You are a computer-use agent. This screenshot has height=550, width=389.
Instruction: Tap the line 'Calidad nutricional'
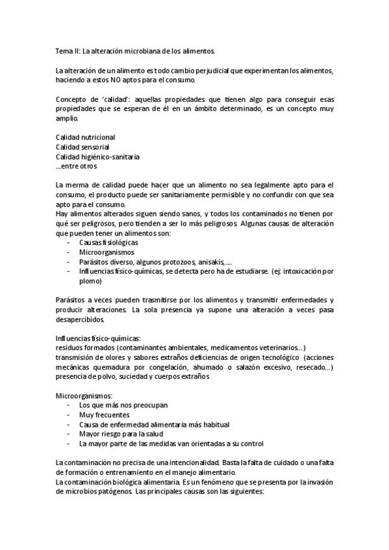(x=85, y=137)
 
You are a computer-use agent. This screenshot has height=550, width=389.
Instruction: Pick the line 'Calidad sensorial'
(x=82, y=147)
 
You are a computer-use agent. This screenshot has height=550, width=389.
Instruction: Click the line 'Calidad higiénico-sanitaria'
(x=97, y=157)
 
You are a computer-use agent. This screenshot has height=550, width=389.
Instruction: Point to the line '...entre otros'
(x=75, y=167)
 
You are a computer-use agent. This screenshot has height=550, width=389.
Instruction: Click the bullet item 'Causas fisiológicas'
(x=108, y=243)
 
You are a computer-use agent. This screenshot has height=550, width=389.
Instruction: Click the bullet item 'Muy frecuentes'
(x=104, y=415)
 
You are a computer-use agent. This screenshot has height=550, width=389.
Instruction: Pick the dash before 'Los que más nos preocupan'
(x=69, y=405)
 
